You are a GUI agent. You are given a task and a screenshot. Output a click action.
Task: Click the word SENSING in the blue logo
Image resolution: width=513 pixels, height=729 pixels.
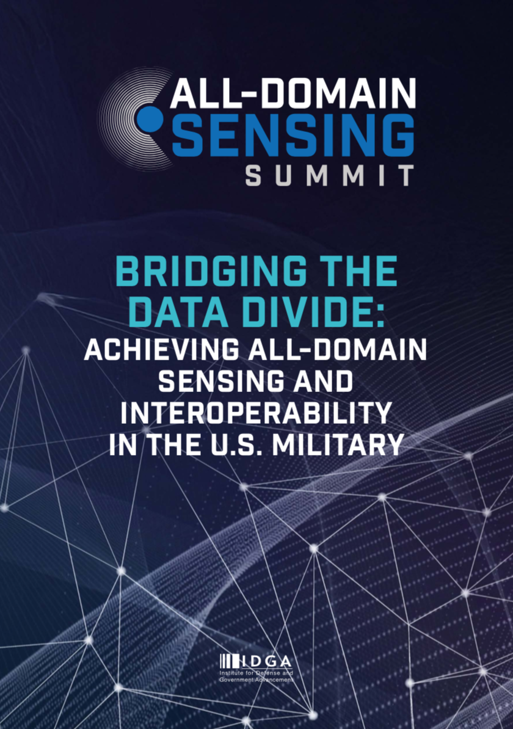coord(294,134)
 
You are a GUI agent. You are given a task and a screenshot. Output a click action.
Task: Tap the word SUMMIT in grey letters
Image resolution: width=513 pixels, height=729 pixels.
coord(330,176)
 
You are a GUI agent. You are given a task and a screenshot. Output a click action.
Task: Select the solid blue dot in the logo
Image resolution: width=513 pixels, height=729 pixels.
coord(150,119)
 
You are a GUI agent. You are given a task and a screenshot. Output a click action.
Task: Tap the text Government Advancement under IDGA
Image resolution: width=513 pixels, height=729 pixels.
coord(256,680)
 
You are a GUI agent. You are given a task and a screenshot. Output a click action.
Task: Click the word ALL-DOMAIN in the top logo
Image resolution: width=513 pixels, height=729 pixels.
coord(293,93)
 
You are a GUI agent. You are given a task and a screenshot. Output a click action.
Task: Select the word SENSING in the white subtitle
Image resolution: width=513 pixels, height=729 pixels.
coord(222,381)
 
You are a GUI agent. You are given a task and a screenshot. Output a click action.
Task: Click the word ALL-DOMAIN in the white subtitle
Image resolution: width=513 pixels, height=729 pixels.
coord(338,350)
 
